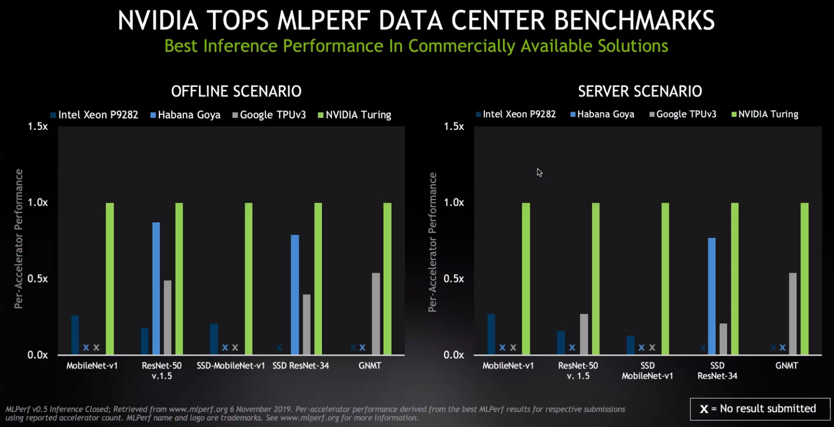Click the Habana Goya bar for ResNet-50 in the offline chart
156,288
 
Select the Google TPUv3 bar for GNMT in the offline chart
375,314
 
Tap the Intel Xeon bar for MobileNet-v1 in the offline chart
75,335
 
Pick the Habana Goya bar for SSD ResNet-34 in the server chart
711,296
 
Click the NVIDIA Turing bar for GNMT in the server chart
804,278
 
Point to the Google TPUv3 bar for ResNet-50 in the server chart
584,334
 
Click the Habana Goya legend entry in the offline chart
185,115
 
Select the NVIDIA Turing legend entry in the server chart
764,114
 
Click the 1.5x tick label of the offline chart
38,126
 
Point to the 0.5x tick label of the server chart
454,278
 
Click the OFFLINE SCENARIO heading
236,91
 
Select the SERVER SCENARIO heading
640,91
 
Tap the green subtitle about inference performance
416,46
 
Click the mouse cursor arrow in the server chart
540,172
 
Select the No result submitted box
760,409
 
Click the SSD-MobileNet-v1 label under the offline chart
231,366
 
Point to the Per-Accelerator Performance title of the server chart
433,242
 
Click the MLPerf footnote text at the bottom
315,413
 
